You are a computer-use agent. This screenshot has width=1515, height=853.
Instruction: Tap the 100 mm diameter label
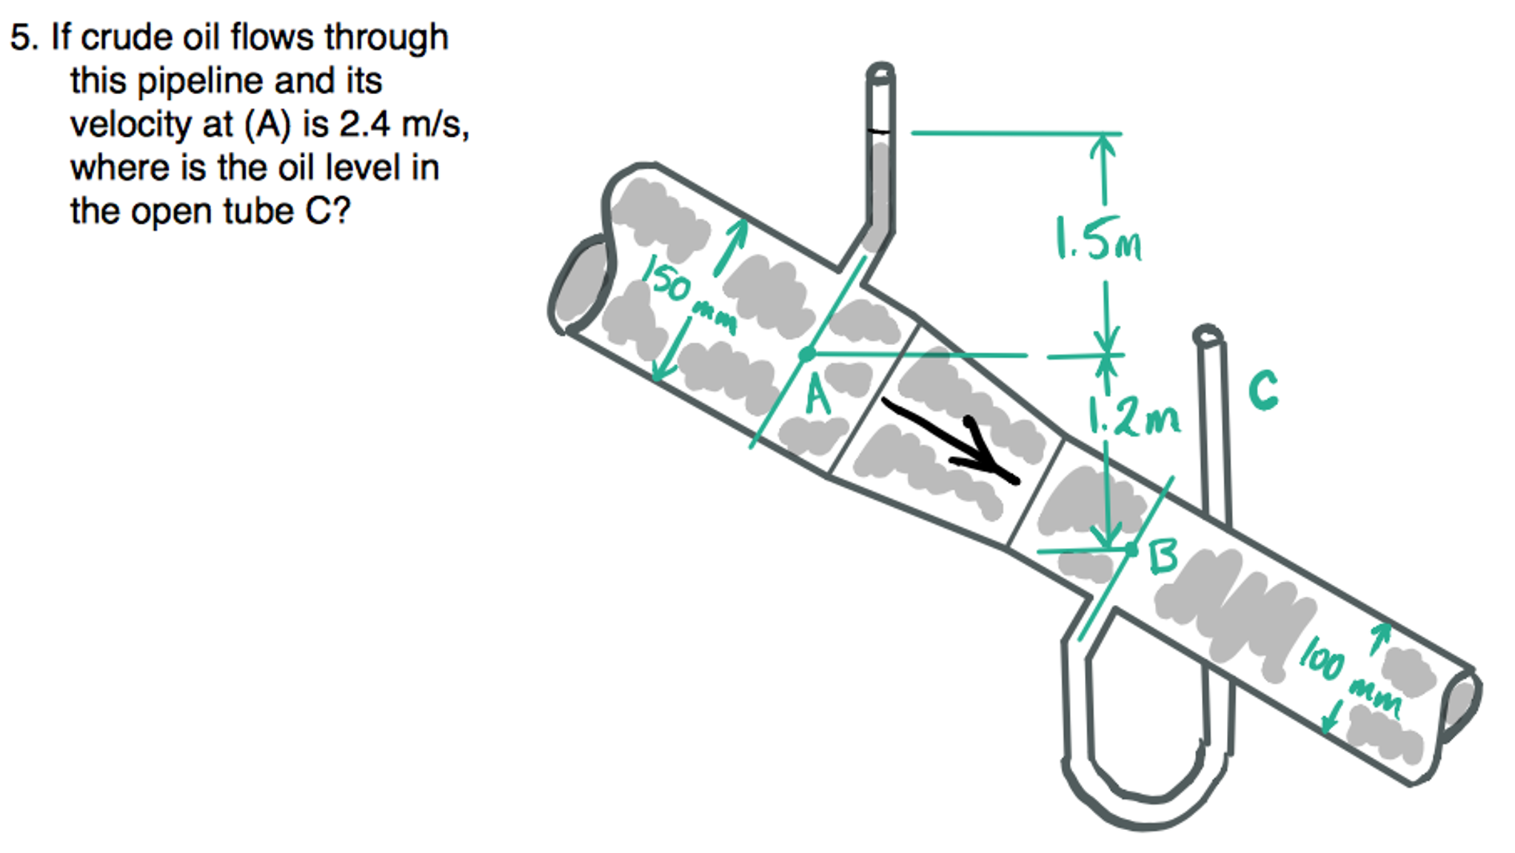point(1348,678)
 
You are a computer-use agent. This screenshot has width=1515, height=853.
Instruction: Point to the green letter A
point(817,394)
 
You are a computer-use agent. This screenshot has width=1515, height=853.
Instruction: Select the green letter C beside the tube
point(1263,390)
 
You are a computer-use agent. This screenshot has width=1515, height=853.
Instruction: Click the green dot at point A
point(807,355)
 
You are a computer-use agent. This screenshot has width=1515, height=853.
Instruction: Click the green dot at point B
point(1131,549)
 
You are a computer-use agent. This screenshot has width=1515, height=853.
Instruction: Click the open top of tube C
point(1208,336)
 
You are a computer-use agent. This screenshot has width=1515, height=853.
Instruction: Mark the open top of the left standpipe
point(880,73)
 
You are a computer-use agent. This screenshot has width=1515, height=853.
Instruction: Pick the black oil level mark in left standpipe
point(879,132)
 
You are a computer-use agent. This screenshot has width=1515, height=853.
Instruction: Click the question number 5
point(22,37)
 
